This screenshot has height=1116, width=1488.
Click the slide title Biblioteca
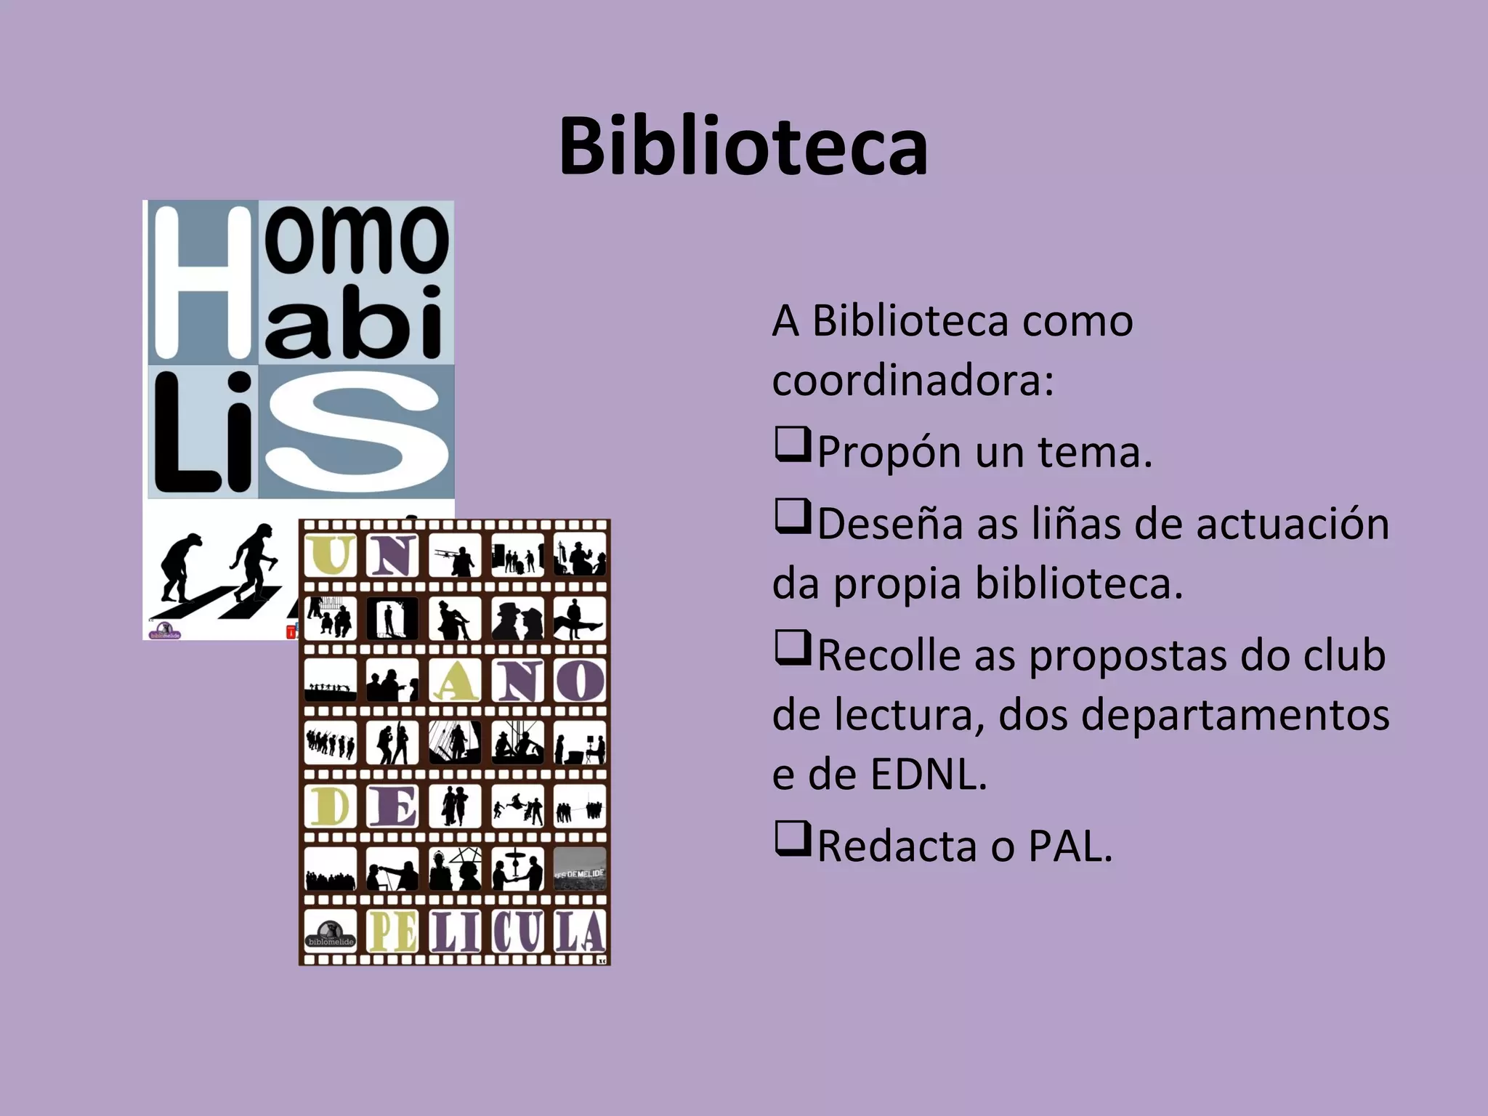[743, 147]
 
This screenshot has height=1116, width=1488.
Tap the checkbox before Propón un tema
[792, 445]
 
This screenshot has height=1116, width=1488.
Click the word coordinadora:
[913, 380]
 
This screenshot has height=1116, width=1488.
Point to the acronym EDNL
[928, 775]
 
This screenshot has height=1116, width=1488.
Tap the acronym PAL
[1070, 846]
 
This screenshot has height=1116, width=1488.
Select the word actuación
[1293, 524]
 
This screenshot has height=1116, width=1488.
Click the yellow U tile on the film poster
[330, 556]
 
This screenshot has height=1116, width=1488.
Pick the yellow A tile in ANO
[455, 681]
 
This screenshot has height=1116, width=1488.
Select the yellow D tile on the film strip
[330, 806]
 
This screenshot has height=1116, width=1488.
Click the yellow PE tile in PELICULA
[392, 931]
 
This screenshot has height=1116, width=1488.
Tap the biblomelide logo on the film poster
[330, 932]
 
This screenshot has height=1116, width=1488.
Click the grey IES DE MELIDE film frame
[580, 869]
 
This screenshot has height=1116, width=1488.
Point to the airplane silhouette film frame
[455, 556]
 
